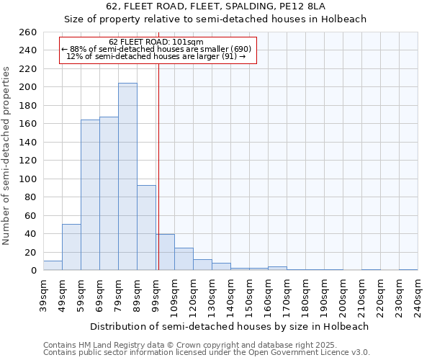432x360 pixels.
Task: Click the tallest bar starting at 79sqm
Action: pos(127,176)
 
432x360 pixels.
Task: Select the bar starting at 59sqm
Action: pos(90,194)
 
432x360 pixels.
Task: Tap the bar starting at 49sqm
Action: pos(71,247)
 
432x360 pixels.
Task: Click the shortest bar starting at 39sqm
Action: pos(53,266)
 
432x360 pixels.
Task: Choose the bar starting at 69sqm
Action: pos(109,193)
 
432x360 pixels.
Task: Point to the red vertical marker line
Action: pos(158,158)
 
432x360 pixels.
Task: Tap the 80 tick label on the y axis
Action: pos(30,197)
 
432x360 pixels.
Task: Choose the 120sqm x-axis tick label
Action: pos(193,295)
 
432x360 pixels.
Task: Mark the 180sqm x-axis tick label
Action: pos(305,295)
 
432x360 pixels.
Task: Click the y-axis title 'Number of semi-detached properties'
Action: pos(7,155)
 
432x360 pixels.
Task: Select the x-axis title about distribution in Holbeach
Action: pos(230,326)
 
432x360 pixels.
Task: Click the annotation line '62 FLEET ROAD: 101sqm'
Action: pos(156,42)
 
